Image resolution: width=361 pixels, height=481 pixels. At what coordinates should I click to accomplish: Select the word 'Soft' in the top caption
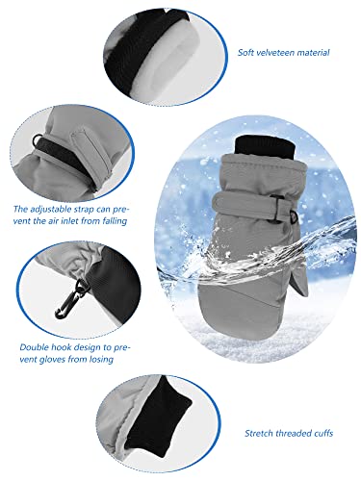248,52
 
